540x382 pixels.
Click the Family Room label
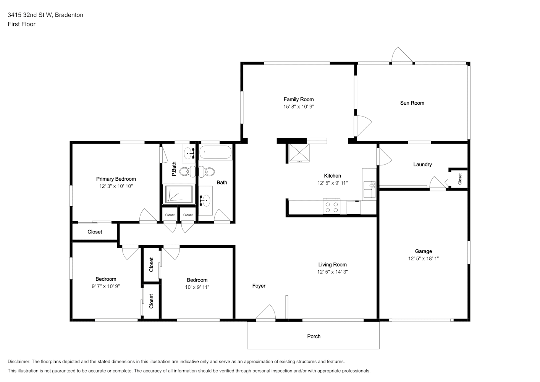[x=298, y=99]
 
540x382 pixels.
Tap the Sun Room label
[x=412, y=103]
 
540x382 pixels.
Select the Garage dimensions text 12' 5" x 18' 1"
[x=423, y=259]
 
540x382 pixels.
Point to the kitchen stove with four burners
[x=331, y=207]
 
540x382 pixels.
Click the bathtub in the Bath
[x=215, y=152]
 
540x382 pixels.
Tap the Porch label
[x=314, y=337]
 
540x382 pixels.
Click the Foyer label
[x=259, y=286]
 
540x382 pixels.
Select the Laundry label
[x=422, y=165]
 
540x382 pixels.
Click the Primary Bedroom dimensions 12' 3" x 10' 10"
[x=116, y=186]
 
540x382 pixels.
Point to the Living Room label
[x=332, y=265]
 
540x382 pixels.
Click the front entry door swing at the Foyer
[x=266, y=312]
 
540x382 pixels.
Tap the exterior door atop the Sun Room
[x=401, y=55]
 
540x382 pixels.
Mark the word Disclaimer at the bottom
[x=19, y=361]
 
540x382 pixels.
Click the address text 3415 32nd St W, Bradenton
[x=45, y=15]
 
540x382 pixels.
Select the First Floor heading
[x=21, y=24]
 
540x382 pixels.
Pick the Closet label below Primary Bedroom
[x=95, y=232]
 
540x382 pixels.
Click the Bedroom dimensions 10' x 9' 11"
[x=197, y=287]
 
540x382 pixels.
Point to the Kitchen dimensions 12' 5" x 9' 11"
[x=332, y=183]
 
